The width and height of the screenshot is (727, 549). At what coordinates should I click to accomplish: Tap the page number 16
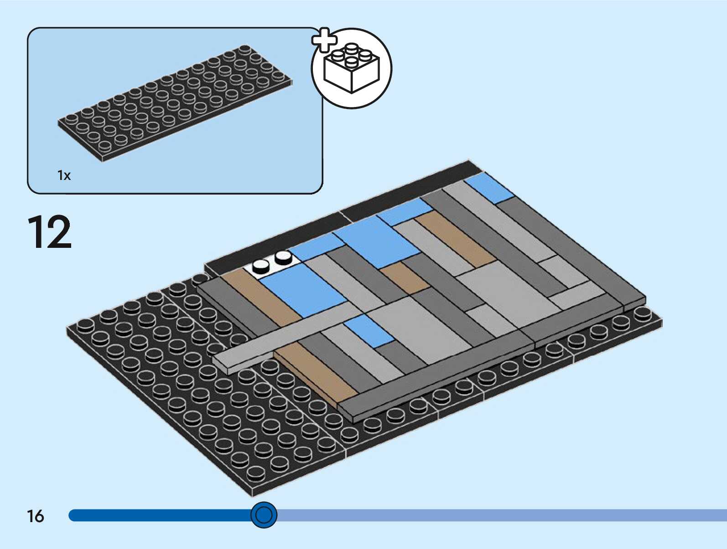36,516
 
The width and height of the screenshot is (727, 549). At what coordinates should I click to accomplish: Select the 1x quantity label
64,175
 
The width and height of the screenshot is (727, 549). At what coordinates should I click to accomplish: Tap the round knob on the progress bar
264,515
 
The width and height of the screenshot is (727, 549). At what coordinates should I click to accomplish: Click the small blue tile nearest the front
369,330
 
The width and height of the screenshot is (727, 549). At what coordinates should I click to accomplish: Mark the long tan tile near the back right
456,239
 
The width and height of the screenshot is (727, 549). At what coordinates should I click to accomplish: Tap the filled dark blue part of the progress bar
160,515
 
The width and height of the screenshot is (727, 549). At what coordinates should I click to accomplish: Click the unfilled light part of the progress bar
502,515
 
